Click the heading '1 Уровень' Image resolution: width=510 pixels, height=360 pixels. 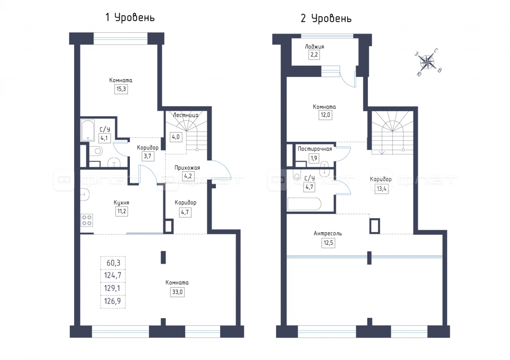(x=130, y=18)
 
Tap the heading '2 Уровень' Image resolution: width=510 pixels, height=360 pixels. (x=326, y=18)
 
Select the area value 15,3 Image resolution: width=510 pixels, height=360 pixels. (x=121, y=89)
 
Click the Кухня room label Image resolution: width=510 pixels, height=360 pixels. (x=122, y=203)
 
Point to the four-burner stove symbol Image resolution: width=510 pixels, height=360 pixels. (x=87, y=220)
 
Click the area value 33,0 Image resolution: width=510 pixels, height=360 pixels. (x=177, y=292)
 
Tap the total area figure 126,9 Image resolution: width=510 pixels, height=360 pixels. (x=112, y=301)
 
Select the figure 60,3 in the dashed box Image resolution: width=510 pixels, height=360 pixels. (x=114, y=263)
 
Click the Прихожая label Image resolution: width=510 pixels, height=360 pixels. (x=187, y=168)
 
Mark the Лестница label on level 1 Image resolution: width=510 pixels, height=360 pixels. (x=186, y=115)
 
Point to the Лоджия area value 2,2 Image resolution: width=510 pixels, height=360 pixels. (x=314, y=55)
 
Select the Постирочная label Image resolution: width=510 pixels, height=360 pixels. (x=315, y=149)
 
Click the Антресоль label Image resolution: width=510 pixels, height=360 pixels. (x=328, y=233)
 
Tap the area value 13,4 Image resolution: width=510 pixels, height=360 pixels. (x=382, y=189)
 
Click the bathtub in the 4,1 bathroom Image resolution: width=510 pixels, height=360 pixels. (x=88, y=131)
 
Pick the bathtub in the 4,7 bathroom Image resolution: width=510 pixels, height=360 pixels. (x=304, y=204)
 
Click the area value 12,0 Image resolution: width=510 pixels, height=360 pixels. (x=325, y=115)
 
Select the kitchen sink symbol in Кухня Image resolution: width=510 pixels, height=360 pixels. (x=85, y=195)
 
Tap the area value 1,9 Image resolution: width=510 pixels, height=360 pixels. (x=314, y=158)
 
